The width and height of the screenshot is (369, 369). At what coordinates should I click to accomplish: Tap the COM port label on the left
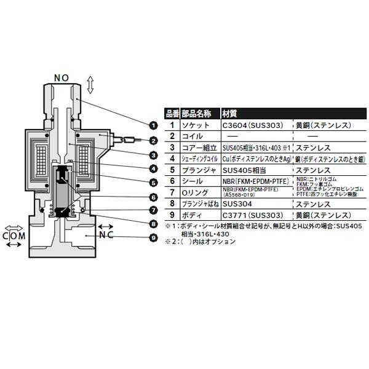(x=14, y=235)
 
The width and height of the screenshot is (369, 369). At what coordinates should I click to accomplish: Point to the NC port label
(x=106, y=235)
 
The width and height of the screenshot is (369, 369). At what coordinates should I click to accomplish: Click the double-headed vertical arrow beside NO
(x=90, y=85)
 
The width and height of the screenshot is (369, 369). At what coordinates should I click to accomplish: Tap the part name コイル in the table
(x=192, y=137)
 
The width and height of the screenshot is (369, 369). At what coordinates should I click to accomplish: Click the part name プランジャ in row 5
(x=198, y=170)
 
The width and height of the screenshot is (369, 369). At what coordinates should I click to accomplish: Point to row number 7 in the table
(x=172, y=193)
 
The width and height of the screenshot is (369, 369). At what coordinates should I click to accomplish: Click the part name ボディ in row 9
(x=192, y=216)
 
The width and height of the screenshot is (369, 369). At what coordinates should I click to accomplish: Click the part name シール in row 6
(x=192, y=182)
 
